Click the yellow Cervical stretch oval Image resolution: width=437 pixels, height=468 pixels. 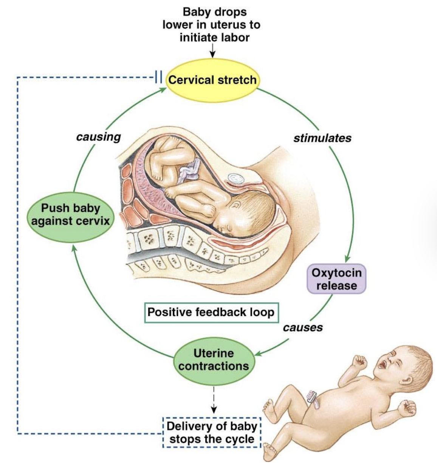click(x=212, y=80)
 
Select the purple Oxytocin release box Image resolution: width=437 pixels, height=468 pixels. click(x=336, y=279)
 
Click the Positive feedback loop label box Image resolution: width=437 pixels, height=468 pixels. click(x=211, y=313)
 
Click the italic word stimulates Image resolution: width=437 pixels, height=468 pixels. click(x=322, y=138)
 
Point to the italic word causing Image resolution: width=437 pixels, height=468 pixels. click(x=99, y=137)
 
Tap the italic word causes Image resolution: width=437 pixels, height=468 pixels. click(x=303, y=327)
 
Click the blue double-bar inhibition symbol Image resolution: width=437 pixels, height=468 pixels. click(x=158, y=77)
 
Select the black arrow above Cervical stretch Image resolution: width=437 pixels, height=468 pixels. click(x=212, y=50)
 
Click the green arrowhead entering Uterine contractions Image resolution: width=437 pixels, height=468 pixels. click(x=259, y=354)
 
